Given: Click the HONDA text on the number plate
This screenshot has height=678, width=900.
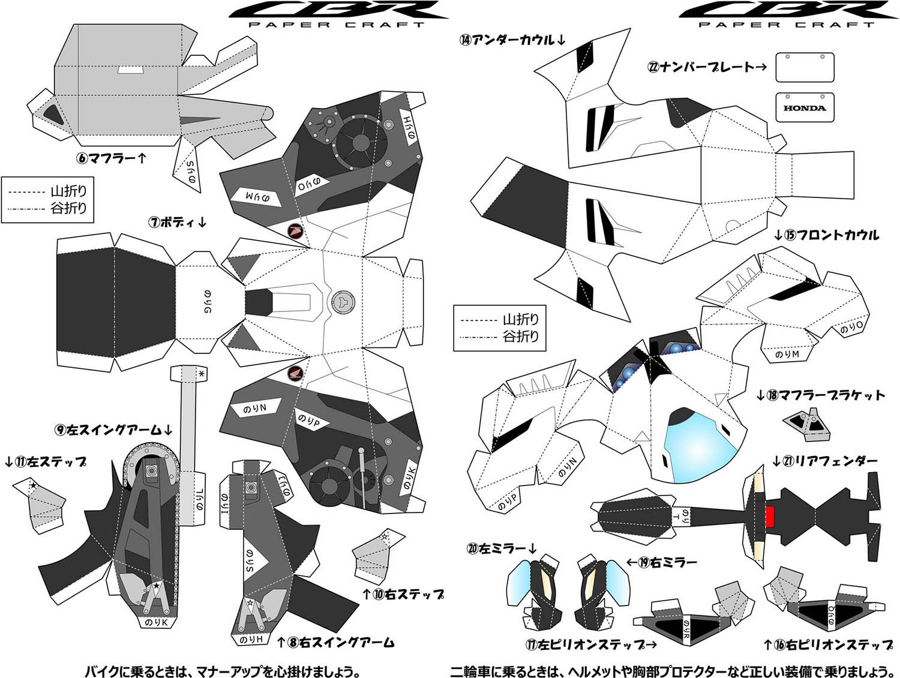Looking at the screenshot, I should coord(805,109).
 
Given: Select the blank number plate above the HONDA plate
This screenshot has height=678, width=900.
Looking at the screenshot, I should coord(805,67).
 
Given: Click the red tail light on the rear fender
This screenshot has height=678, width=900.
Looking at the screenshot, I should coord(770,515).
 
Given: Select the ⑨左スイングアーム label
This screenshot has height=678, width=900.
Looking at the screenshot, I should coord(113,430).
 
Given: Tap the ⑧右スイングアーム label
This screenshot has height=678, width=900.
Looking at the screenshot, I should coord(335,643).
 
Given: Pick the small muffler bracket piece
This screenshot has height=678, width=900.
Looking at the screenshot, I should coord(806,421).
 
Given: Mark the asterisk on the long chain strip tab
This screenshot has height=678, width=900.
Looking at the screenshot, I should coord(202,374).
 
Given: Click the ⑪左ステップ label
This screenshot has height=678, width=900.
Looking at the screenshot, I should coord(46,461).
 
